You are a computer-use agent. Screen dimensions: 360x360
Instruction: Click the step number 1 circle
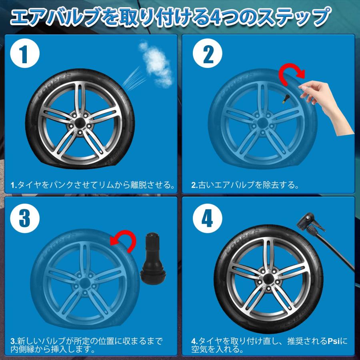pyautogui.click(x=25, y=55)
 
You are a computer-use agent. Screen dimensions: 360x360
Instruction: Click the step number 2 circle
pyautogui.click(x=209, y=55)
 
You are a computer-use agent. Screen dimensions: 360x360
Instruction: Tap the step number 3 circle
pyautogui.click(x=25, y=218)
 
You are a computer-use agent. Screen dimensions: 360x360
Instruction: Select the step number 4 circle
pyautogui.click(x=209, y=218)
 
